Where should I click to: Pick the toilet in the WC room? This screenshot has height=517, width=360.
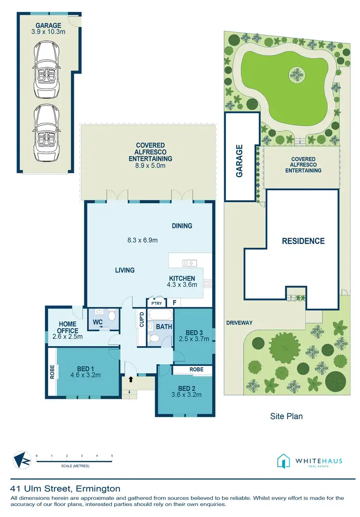tap(112, 315)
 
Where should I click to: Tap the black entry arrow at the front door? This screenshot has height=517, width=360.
tap(130, 379)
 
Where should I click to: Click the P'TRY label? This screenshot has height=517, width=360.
tap(156, 303)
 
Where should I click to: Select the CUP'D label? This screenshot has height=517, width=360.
tap(141, 320)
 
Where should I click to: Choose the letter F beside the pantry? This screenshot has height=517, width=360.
tap(174, 303)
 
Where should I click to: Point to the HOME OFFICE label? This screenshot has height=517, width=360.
tap(68, 327)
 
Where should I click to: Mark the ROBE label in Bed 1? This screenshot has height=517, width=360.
tap(52, 373)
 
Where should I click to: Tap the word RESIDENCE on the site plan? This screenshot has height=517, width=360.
tap(303, 241)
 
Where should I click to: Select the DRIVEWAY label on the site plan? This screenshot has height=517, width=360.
tap(239, 323)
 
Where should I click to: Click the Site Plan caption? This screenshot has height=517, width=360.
tap(287, 416)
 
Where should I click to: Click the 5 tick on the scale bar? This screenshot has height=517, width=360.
tap(112, 455)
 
